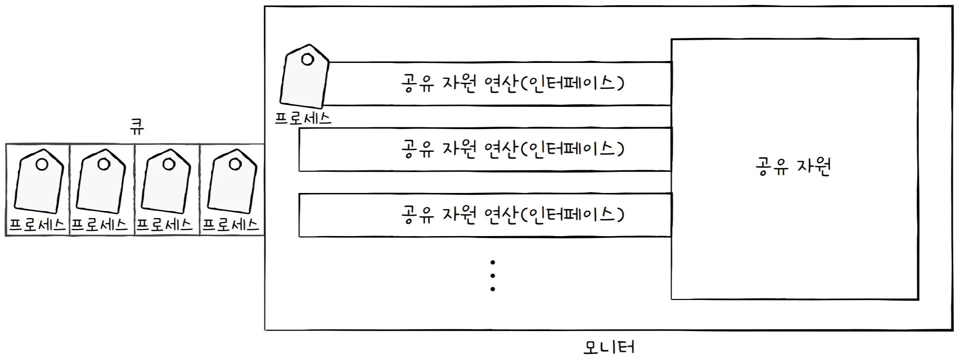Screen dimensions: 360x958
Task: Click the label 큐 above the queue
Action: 137,126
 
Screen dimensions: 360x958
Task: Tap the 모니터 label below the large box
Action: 609,347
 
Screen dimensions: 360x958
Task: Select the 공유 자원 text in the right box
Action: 793,167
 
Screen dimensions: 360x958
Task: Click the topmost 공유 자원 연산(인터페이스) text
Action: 512,83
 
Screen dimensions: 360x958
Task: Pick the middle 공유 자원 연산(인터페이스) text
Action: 512,149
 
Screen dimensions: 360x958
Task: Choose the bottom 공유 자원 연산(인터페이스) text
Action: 512,215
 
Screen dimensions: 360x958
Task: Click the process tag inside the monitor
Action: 304,78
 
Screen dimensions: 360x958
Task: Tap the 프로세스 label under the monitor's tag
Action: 303,118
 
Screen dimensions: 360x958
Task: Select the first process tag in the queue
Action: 39,182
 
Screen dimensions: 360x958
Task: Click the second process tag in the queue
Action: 101,182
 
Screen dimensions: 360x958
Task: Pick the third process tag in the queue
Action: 166,182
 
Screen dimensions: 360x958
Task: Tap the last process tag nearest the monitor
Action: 232,182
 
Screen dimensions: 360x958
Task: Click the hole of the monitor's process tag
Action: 307,60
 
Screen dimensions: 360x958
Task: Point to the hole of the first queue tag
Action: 42,164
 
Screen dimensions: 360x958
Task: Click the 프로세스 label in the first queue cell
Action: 37,224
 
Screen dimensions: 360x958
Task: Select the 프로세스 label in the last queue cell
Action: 231,224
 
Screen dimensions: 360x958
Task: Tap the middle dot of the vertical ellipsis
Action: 493,275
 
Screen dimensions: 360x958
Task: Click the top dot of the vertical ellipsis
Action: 493,262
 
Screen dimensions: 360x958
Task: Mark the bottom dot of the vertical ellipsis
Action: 493,289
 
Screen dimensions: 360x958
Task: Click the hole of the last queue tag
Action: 235,164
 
